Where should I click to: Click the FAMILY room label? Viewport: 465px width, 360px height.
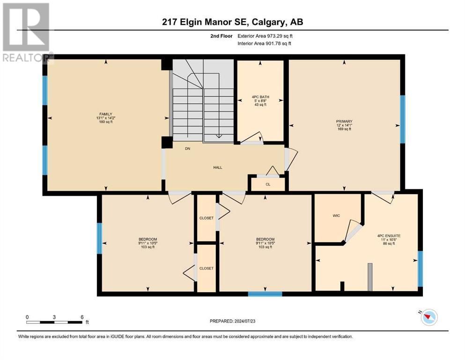pyautogui.click(x=106, y=114)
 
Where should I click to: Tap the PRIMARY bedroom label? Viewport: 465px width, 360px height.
pyautogui.click(x=344, y=121)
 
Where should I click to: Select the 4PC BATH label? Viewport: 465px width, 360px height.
pyautogui.click(x=260, y=97)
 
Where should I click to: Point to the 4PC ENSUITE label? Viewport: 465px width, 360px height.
pyautogui.click(x=389, y=236)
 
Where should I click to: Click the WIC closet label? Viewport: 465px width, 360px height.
pyautogui.click(x=336, y=216)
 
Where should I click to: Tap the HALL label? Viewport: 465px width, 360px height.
pyautogui.click(x=218, y=167)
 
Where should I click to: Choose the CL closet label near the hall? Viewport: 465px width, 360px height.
pyautogui.click(x=268, y=184)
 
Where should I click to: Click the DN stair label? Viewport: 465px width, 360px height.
pyautogui.click(x=187, y=149)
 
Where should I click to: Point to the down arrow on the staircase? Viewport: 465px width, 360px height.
pyautogui.click(x=219, y=136)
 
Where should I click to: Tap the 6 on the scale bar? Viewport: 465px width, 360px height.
pyautogui.click(x=82, y=317)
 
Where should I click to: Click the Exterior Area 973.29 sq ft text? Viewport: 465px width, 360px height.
pyautogui.click(x=265, y=36)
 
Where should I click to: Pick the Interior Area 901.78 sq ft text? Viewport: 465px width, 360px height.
pyautogui.click(x=264, y=43)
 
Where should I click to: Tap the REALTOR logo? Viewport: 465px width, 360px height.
pyautogui.click(x=27, y=33)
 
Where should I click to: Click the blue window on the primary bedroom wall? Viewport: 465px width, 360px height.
pyautogui.click(x=403, y=120)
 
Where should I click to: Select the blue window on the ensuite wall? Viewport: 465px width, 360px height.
pyautogui.click(x=420, y=269)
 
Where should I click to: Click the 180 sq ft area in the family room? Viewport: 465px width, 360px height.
pyautogui.click(x=106, y=122)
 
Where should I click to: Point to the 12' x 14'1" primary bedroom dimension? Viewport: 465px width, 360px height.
pyautogui.click(x=344, y=125)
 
